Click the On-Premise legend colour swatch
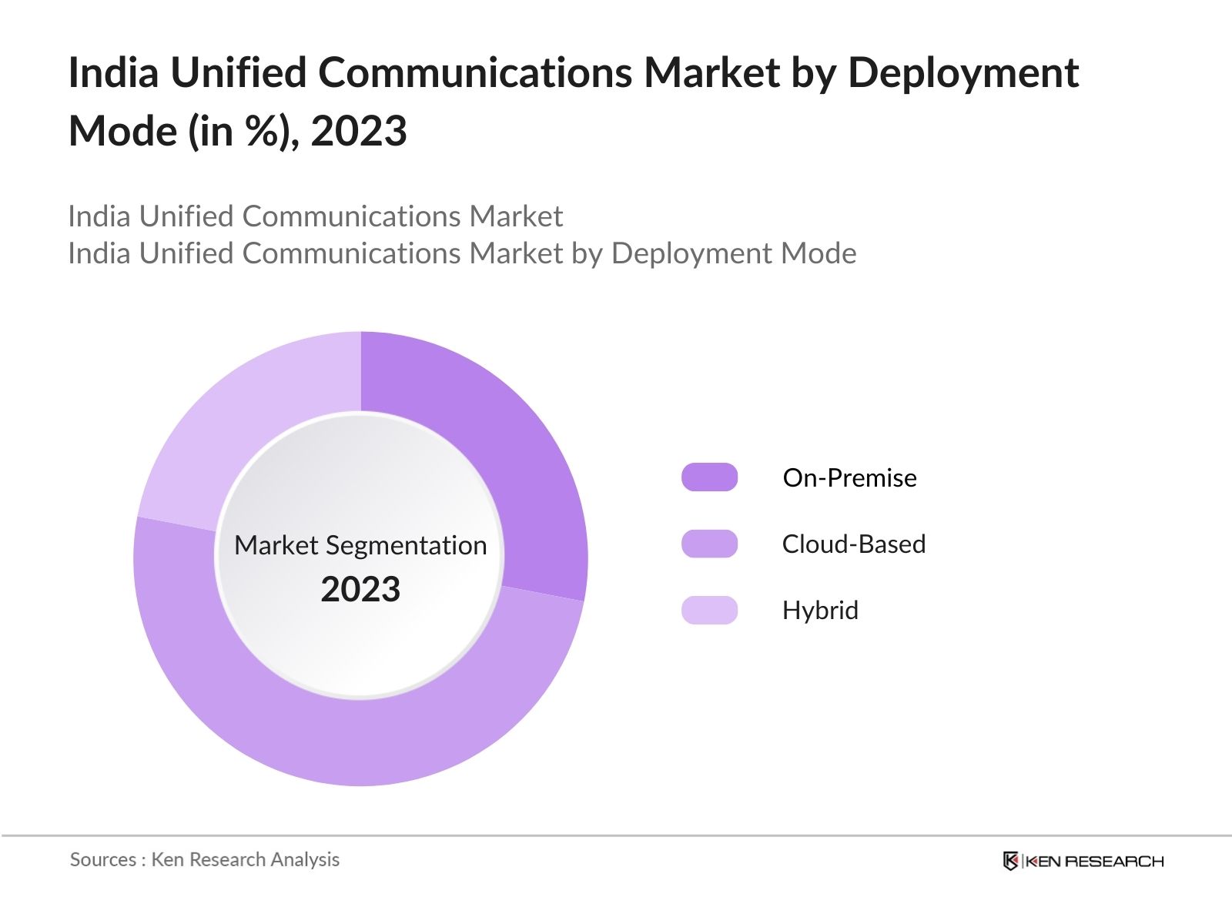(709, 477)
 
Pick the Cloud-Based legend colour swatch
(709, 544)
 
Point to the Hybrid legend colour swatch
(709, 610)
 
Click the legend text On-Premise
(849, 478)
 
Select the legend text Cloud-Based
(853, 544)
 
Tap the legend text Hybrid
(820, 611)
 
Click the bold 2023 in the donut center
(360, 590)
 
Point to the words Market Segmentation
(360, 545)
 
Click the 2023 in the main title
(359, 131)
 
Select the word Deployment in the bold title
(962, 73)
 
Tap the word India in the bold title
(113, 73)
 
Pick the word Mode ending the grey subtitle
(818, 253)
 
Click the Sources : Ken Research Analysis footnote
(205, 859)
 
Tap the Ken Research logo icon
(1010, 861)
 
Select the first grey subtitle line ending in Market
(316, 216)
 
